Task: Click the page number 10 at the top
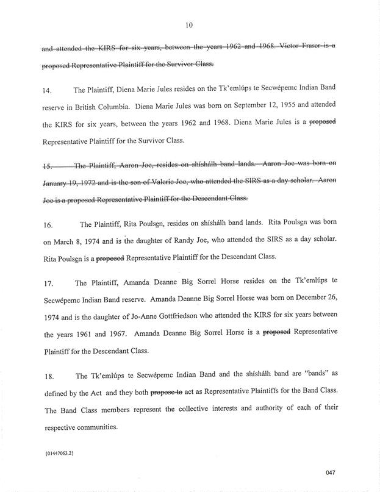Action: (190, 25)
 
